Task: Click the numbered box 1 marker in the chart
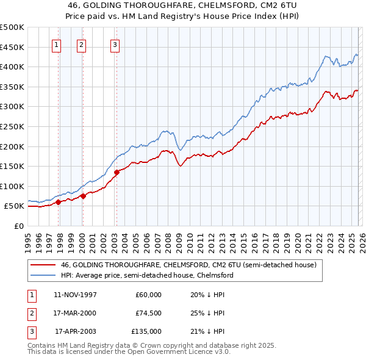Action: coord(57,44)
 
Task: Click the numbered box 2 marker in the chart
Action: coord(81,44)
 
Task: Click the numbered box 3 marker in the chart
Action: coord(115,44)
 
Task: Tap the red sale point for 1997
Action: coord(59,202)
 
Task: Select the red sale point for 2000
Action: coord(83,196)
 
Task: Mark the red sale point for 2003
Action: coord(117,172)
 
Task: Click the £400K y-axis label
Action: coord(12,67)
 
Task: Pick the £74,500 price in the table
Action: coord(148,313)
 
